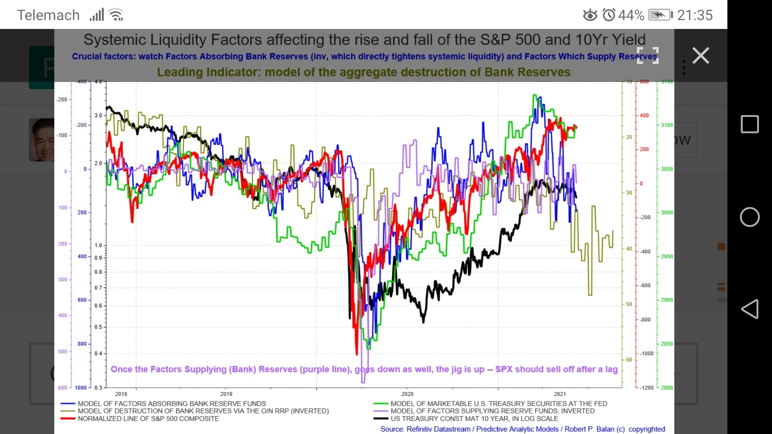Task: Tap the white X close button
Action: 701,55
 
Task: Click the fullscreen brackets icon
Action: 648,55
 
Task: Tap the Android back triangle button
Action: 750,309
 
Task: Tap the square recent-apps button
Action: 750,124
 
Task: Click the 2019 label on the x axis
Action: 226,394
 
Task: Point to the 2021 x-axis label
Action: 560,394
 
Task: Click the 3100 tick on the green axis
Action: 667,125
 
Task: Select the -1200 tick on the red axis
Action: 647,388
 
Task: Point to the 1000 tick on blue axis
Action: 81,388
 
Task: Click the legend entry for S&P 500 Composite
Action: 148,419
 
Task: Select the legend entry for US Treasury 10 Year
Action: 474,419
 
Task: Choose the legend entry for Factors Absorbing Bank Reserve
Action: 172,403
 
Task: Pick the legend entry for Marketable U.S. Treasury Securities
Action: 499,403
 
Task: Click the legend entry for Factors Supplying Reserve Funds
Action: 492,411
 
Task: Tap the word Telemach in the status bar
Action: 48,15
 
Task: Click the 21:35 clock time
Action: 695,15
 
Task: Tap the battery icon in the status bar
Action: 660,15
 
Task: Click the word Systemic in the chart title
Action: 115,40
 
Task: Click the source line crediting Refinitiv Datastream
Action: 522,429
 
